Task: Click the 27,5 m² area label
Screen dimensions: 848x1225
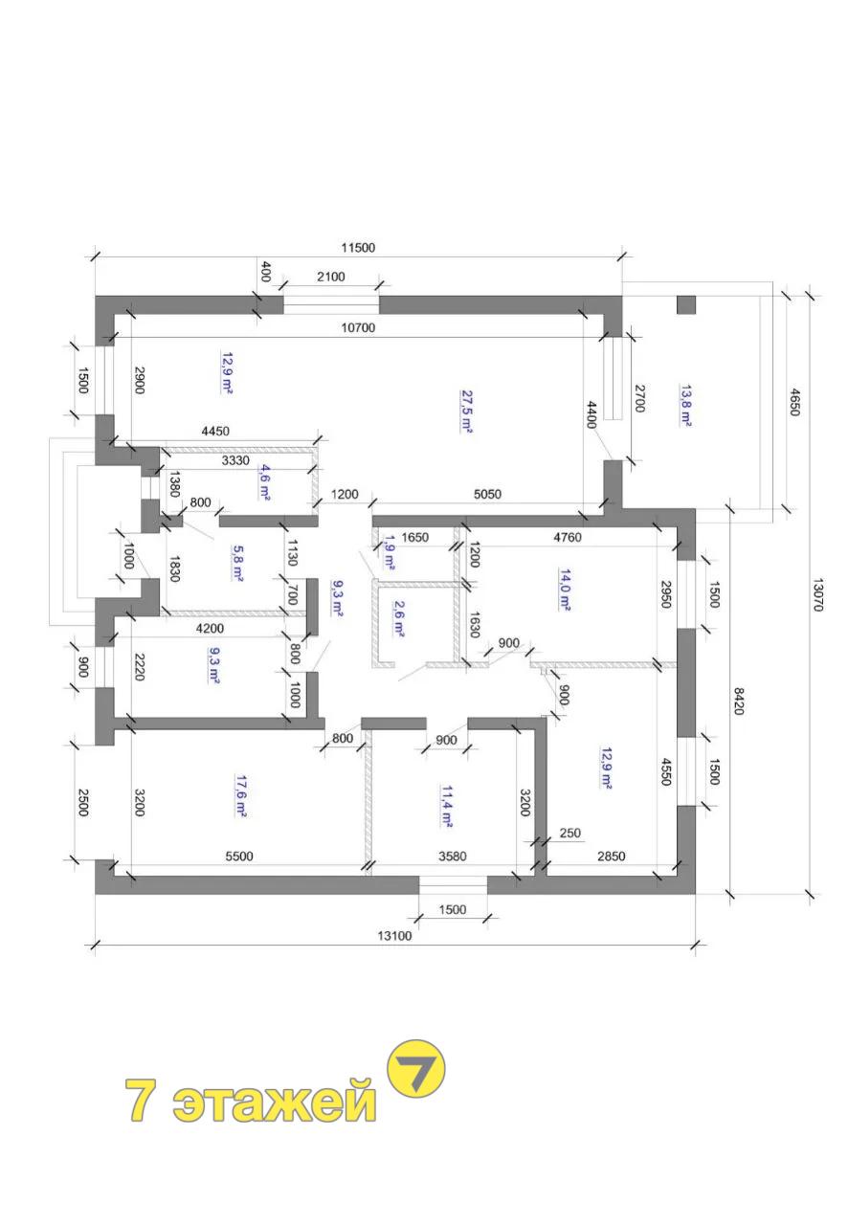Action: coord(466,411)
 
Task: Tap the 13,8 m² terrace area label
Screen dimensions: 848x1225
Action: coord(684,405)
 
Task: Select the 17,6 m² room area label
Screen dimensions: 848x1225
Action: coord(239,794)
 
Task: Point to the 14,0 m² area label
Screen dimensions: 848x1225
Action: coord(564,590)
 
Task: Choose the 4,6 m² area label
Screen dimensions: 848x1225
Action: coord(265,482)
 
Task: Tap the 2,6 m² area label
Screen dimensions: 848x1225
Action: coord(398,619)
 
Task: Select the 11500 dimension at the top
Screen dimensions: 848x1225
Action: coord(358,248)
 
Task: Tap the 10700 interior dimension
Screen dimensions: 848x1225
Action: coord(358,327)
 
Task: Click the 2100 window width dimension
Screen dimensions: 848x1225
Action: coord(331,277)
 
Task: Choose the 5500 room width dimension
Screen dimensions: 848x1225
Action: coord(239,856)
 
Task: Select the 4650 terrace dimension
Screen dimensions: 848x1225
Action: coord(795,402)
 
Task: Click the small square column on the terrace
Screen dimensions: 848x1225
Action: coord(686,304)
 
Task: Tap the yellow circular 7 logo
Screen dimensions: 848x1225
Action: coord(415,1069)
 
